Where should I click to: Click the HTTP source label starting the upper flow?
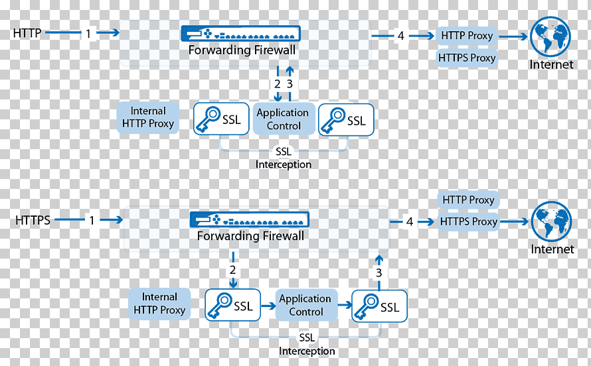(27, 33)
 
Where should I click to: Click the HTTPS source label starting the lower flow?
(33, 220)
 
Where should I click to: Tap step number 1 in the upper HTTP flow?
(88, 34)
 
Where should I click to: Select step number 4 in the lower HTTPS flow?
(410, 222)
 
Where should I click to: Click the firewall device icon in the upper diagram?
(241, 33)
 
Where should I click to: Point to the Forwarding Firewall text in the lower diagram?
(250, 236)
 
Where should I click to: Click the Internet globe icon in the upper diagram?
(550, 36)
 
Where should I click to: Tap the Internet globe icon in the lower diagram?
(551, 221)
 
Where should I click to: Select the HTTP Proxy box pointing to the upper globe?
(467, 36)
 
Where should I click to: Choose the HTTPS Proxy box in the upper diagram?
(467, 58)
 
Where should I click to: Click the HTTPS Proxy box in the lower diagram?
(469, 221)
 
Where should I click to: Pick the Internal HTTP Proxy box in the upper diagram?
(147, 117)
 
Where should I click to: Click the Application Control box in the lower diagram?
(306, 305)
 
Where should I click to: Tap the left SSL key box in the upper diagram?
(221, 119)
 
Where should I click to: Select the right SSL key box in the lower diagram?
(379, 306)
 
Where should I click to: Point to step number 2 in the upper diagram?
(278, 84)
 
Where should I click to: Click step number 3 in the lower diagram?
(379, 273)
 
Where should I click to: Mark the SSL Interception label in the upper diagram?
(284, 158)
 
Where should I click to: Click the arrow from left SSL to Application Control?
(268, 306)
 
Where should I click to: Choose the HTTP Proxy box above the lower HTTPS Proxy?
(468, 200)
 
